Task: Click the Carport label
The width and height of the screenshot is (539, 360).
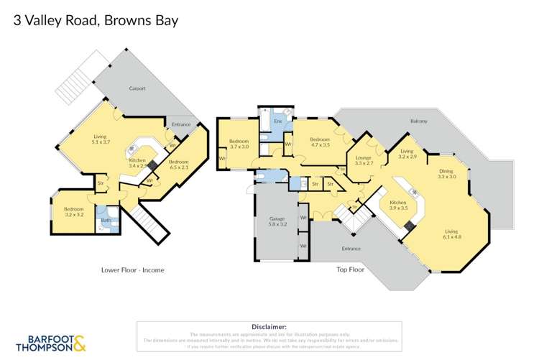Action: [x=137, y=88]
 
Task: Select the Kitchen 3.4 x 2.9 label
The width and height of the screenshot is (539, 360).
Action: [x=137, y=162]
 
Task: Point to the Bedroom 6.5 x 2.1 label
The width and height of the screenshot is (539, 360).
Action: [x=178, y=165]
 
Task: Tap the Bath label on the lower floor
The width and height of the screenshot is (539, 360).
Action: [x=105, y=221]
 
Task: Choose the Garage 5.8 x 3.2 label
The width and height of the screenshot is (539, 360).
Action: [x=277, y=221]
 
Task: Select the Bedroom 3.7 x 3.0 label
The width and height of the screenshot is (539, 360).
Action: [x=239, y=144]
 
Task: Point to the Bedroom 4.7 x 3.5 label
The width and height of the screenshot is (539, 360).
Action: [x=319, y=142]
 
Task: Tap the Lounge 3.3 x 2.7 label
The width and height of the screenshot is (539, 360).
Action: [x=364, y=160]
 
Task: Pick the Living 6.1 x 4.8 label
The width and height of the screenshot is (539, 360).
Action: [x=451, y=234]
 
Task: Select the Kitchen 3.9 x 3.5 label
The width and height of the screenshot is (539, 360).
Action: [x=398, y=206]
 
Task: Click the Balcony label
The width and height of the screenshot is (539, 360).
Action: [x=418, y=121]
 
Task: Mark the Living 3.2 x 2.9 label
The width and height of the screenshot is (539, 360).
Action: [x=407, y=153]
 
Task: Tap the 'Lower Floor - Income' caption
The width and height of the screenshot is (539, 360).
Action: [x=132, y=270]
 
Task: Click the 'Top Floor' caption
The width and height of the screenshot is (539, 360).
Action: [x=351, y=270]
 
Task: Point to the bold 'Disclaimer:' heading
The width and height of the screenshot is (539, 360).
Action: [x=269, y=326]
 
